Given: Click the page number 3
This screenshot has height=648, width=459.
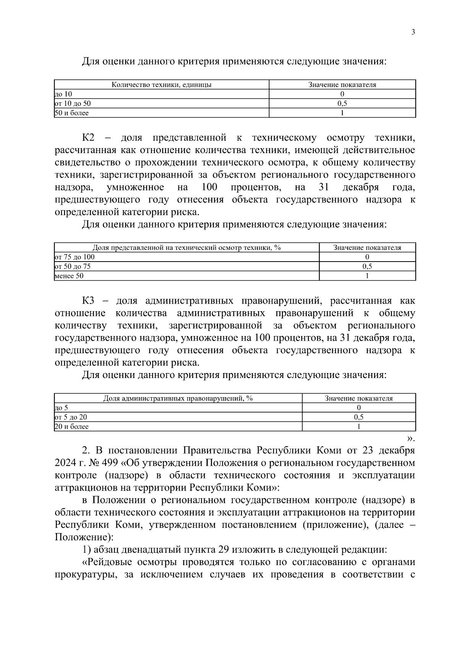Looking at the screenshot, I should click(x=413, y=32).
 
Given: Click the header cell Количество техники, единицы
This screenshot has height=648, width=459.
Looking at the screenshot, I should click(x=161, y=85).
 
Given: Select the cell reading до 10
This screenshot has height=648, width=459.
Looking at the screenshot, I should click(x=63, y=94).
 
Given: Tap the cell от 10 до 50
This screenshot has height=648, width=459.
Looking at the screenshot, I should click(x=73, y=103).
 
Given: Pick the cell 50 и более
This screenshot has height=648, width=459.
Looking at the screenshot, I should click(x=72, y=113).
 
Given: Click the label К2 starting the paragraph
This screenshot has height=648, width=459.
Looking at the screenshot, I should click(x=88, y=138).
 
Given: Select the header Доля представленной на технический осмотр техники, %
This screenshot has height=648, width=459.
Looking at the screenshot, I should click(x=187, y=247).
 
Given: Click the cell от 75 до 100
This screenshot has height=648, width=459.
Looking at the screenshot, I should click(x=75, y=257).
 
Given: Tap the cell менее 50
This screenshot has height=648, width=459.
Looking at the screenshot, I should click(x=69, y=276).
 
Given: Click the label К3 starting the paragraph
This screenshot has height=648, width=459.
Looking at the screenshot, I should click(x=88, y=301).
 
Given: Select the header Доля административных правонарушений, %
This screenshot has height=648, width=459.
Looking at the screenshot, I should click(x=178, y=398).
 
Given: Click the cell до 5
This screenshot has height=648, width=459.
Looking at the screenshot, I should click(x=62, y=408).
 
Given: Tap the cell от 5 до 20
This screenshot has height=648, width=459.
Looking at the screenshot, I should click(x=71, y=417).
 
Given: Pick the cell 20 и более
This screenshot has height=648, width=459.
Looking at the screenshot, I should click(x=72, y=427).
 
